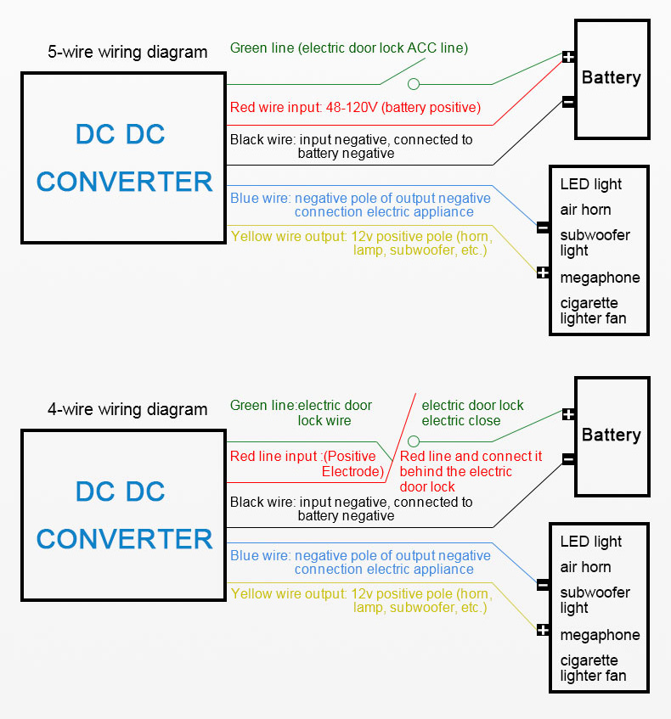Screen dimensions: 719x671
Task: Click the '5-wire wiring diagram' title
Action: click(127, 52)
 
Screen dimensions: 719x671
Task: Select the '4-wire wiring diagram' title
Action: click(127, 409)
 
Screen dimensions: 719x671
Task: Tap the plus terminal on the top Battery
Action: click(568, 57)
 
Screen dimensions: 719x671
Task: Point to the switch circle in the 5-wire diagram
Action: click(414, 84)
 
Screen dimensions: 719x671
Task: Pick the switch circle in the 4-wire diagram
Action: click(414, 441)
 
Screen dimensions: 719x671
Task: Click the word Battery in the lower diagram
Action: click(611, 435)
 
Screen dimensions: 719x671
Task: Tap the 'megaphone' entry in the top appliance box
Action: click(600, 278)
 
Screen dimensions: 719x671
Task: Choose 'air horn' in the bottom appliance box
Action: click(585, 567)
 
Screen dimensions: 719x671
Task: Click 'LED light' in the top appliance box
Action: click(590, 184)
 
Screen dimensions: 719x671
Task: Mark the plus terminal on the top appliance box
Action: click(543, 272)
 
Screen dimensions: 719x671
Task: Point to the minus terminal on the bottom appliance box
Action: click(543, 584)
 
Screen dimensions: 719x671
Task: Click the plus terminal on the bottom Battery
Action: click(568, 414)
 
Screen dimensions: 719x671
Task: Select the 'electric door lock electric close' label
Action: click(472, 413)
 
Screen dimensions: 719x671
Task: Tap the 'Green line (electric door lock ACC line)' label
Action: click(348, 48)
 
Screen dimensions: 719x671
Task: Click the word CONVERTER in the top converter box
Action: click(124, 181)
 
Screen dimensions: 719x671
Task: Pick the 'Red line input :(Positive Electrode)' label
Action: click(303, 463)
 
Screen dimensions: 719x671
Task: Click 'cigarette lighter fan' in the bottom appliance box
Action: click(593, 668)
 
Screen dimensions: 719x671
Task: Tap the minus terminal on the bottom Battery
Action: click(568, 460)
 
